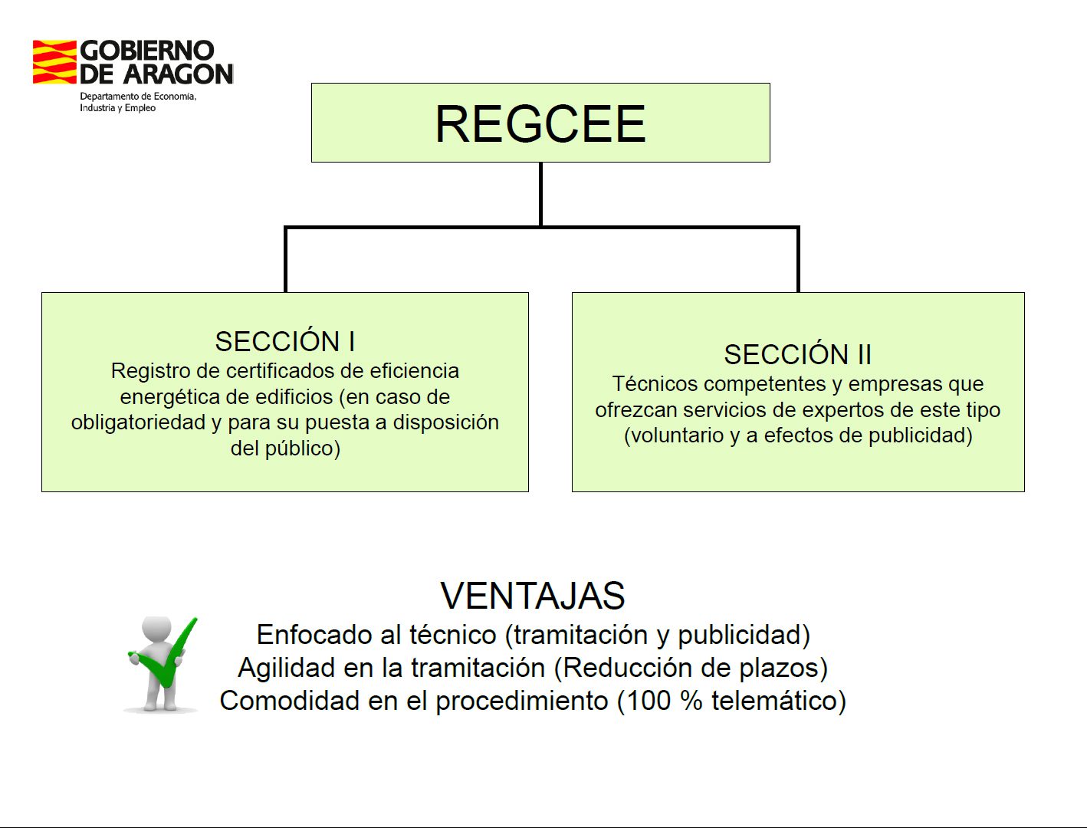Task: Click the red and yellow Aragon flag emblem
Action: (54, 62)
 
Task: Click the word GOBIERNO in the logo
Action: (147, 51)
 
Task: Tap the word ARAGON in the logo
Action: (179, 74)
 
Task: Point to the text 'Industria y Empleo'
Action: (118, 108)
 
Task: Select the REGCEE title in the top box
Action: (540, 123)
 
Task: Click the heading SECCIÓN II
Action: (797, 354)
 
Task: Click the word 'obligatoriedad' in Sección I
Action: (138, 422)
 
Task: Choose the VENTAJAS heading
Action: (532, 596)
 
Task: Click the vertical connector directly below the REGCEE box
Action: (540, 194)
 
